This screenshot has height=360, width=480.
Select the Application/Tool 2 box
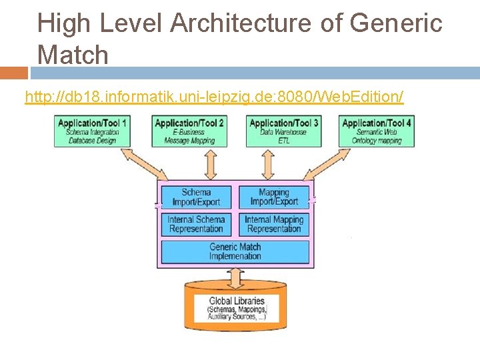point(189,131)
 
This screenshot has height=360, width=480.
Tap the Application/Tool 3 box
point(283,131)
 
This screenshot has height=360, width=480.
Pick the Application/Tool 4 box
point(377,131)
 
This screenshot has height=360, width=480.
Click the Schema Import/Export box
point(196,197)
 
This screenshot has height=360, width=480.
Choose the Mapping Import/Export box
point(274,197)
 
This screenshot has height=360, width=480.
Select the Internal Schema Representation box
point(196,224)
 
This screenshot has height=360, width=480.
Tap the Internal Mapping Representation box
point(274,224)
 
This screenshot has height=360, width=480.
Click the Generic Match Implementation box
point(235,251)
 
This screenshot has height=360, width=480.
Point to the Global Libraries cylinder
point(236,306)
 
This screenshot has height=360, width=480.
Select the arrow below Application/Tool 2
point(211,163)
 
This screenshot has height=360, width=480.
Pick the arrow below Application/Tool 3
point(268,163)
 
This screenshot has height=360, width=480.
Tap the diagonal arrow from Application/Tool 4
point(333,163)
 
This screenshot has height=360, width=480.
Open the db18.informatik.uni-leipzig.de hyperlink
point(213,97)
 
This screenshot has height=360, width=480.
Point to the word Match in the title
point(73,55)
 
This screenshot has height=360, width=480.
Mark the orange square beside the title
point(13,72)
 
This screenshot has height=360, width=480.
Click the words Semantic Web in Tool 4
point(377,132)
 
